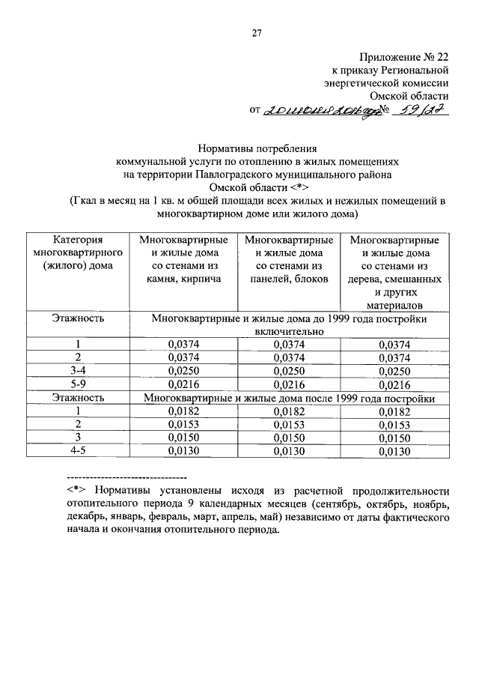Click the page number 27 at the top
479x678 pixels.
[256, 33]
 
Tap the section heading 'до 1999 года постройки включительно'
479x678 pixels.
[288, 324]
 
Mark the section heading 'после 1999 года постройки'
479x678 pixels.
[288, 399]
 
